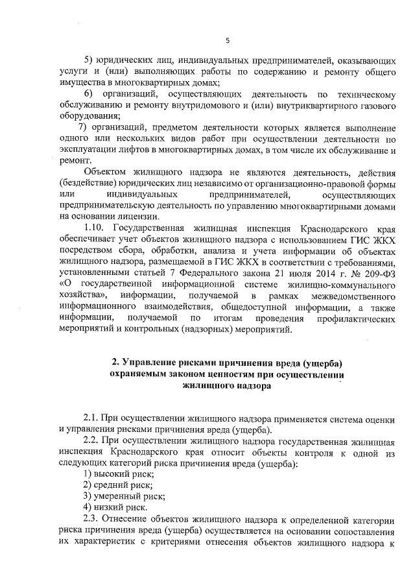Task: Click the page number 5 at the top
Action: coord(227,40)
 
